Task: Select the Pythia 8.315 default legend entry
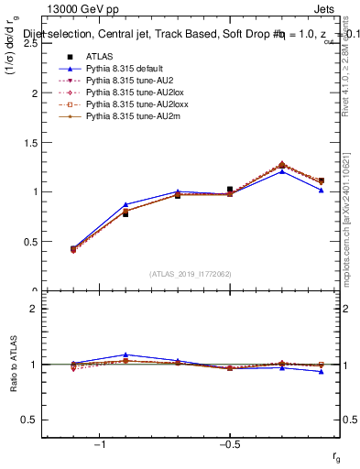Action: [122, 71]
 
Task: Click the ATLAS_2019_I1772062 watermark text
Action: [190, 273]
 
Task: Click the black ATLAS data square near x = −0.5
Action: [230, 190]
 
